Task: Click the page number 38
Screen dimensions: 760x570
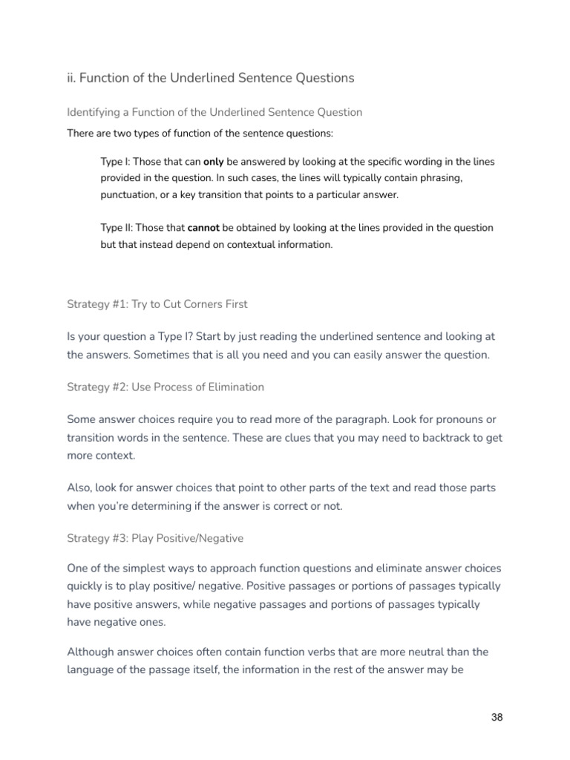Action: tap(497, 718)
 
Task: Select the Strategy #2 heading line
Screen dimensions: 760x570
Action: tap(166, 387)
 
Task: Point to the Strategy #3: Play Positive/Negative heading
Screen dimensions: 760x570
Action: tap(155, 538)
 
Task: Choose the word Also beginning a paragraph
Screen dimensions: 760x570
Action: tap(80, 488)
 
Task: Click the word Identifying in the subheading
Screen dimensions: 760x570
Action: tap(94, 113)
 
